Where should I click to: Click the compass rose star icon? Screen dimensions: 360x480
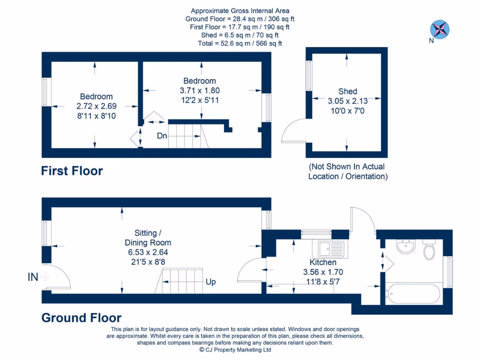click(x=440, y=29)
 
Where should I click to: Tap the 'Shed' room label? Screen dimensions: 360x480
click(x=347, y=91)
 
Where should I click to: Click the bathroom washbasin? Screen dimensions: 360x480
click(x=405, y=247)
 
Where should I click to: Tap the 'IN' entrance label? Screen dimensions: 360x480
click(x=33, y=277)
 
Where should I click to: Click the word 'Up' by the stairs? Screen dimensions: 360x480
click(x=211, y=282)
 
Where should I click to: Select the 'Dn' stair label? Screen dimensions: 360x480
click(x=162, y=136)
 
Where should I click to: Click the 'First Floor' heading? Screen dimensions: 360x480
click(x=72, y=171)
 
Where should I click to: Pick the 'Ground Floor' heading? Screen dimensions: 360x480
click(x=82, y=318)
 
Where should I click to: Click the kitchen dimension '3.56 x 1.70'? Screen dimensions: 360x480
click(x=323, y=272)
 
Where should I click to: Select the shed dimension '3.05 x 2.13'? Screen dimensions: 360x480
click(x=347, y=101)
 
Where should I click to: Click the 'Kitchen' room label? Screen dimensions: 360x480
click(x=323, y=262)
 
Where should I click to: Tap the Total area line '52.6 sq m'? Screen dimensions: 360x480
click(x=240, y=44)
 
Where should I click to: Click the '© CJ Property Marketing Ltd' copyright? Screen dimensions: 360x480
click(x=235, y=350)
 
